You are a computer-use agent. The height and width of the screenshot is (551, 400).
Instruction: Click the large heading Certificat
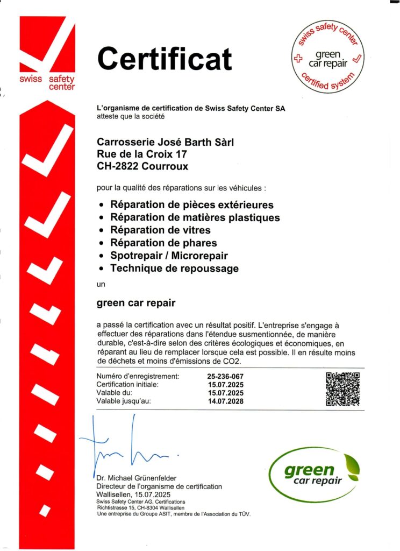pos(165,59)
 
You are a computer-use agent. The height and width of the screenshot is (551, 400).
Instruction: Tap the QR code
pos(342,388)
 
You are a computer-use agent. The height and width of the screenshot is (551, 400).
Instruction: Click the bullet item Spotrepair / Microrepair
pos(169,256)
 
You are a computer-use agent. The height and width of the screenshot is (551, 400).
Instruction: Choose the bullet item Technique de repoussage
pos(174,268)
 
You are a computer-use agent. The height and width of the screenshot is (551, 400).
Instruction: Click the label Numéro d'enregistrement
pos(138,376)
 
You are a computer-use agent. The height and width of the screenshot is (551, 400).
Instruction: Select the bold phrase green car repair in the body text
pos(136,303)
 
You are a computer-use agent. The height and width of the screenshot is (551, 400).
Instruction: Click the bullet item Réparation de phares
pos(163,243)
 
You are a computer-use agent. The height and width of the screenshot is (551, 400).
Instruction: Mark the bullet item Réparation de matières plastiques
pos(195,217)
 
